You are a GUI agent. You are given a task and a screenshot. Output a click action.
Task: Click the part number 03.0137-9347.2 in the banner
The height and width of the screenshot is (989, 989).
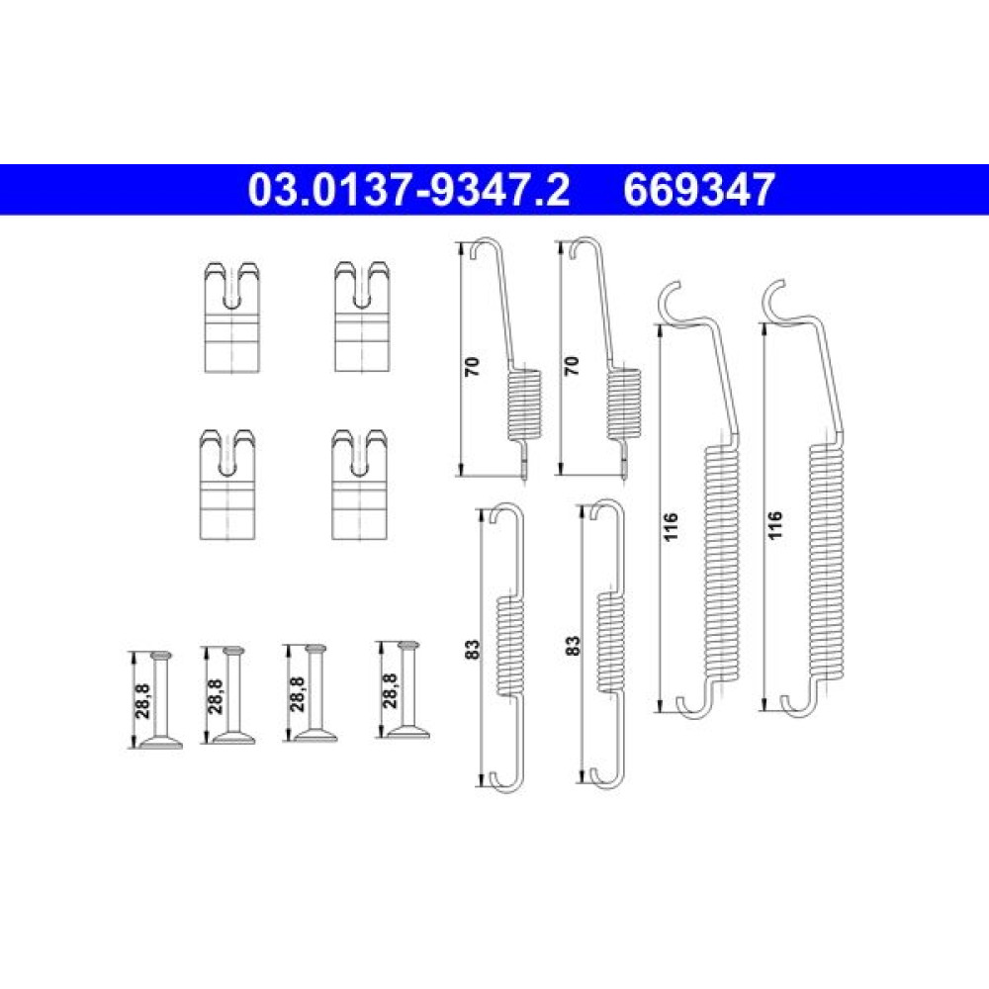[x=408, y=190]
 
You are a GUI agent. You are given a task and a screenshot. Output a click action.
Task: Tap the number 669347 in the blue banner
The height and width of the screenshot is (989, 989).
[x=699, y=190]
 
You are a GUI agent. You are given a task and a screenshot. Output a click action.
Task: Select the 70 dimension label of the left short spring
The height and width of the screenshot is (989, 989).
[x=472, y=367]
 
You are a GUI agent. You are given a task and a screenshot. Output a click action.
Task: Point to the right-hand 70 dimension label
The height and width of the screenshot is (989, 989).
[x=572, y=367]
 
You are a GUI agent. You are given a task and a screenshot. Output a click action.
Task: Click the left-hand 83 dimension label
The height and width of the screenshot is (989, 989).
[x=472, y=649]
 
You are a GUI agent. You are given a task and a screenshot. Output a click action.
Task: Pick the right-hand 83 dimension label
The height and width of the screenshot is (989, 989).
[x=572, y=645]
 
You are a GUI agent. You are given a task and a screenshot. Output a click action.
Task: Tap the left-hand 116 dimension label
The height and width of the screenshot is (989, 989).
[x=671, y=527]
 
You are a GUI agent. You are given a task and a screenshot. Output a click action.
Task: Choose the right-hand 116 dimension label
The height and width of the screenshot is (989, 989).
[x=775, y=525]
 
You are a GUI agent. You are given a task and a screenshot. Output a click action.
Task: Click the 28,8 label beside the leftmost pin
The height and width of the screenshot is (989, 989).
[x=142, y=701]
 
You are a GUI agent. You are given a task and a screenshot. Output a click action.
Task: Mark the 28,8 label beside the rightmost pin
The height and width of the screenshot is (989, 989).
[x=390, y=690]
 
